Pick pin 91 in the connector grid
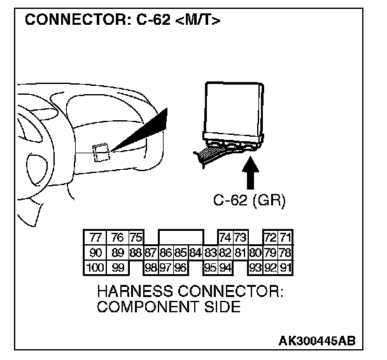(x=286, y=267)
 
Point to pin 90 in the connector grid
(x=96, y=253)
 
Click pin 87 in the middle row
(x=150, y=253)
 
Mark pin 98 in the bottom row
(x=151, y=267)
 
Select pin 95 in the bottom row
(x=210, y=267)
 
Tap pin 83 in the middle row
(x=210, y=253)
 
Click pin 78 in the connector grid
(x=286, y=253)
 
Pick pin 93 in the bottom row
(x=256, y=267)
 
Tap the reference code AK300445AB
(x=316, y=342)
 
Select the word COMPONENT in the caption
(x=148, y=307)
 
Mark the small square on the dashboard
(x=101, y=153)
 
